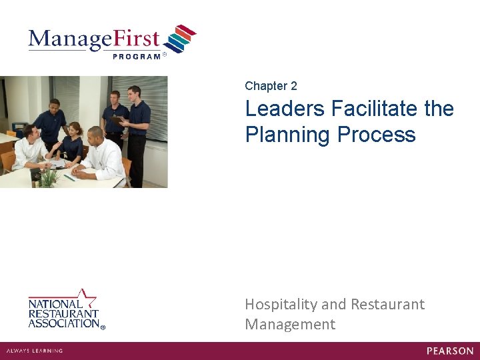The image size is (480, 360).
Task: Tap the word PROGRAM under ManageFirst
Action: click(x=137, y=57)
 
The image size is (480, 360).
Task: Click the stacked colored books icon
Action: click(x=180, y=39)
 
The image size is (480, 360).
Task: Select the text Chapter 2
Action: click(x=271, y=86)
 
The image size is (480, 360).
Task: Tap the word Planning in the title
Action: click(x=287, y=135)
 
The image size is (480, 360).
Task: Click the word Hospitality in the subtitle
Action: click(x=281, y=305)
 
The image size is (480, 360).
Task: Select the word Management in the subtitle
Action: click(x=290, y=325)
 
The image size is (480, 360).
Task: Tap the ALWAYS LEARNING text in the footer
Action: click(x=35, y=351)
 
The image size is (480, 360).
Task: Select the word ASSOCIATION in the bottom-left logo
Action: click(x=63, y=323)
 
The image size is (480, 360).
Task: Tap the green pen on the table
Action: click(x=69, y=178)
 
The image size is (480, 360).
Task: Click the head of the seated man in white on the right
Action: click(x=95, y=134)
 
